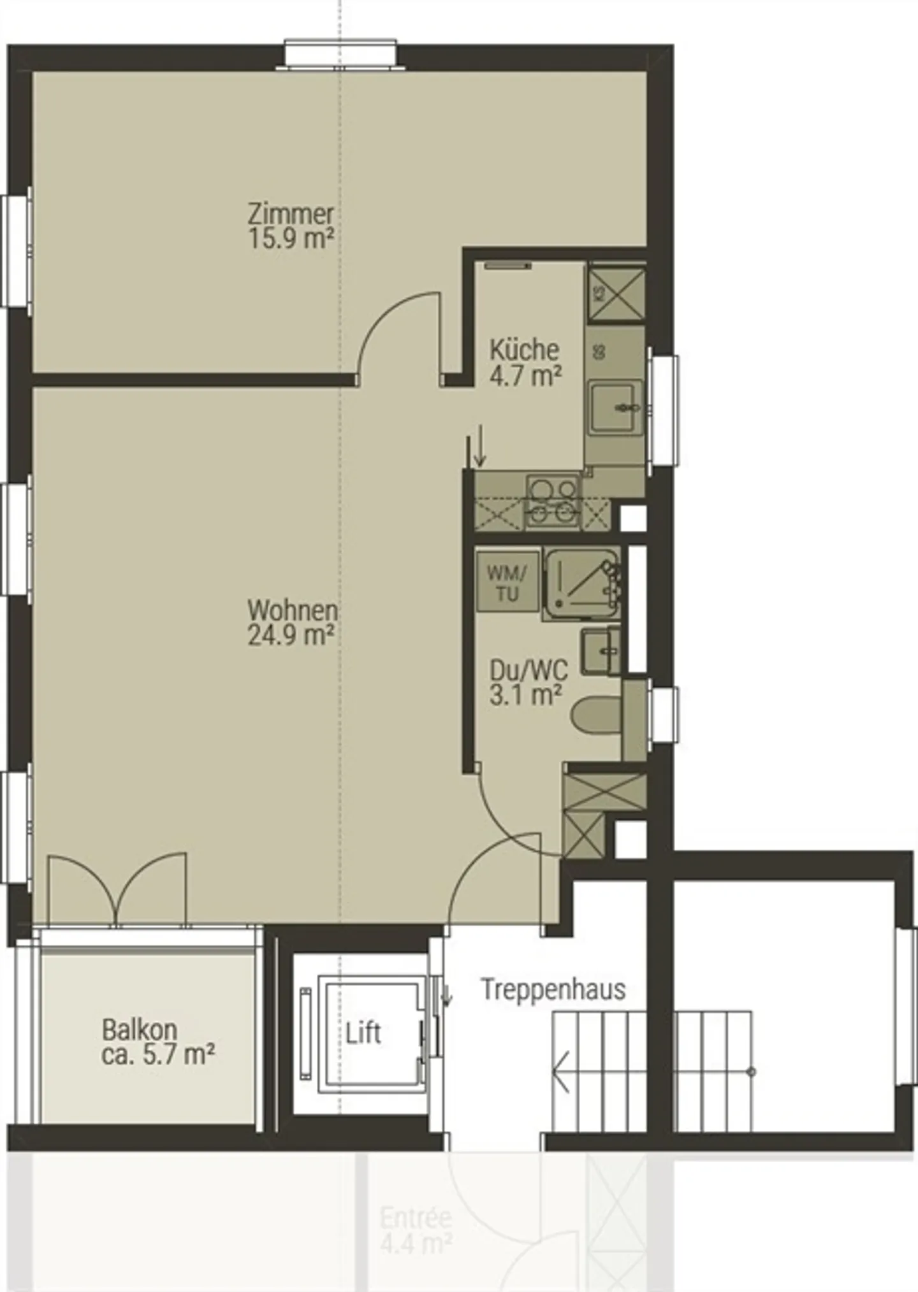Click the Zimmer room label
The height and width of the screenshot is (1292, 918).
(291, 213)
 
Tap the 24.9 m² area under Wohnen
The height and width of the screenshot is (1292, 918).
(291, 635)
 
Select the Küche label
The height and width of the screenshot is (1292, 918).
(524, 350)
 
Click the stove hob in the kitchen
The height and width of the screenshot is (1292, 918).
(553, 500)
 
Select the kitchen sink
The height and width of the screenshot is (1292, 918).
(615, 406)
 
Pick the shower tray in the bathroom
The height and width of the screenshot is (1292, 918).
(581, 583)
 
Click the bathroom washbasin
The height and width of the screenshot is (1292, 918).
(601, 651)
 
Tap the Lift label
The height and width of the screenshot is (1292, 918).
(363, 1033)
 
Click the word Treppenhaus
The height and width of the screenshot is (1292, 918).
(553, 989)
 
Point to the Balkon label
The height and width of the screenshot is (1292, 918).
(140, 1030)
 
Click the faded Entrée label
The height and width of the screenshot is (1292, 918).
(416, 1219)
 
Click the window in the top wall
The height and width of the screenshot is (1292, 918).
(340, 55)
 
